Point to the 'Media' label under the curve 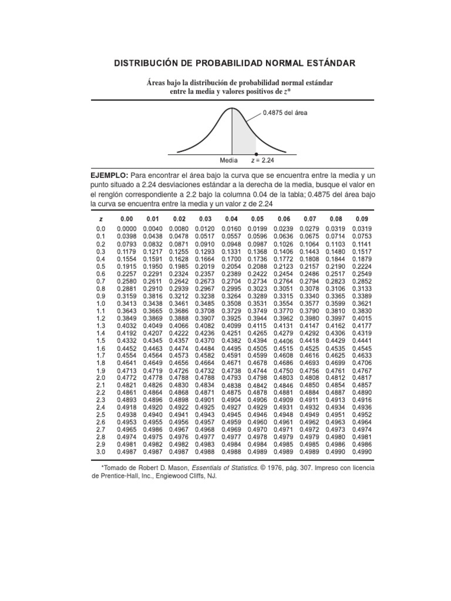pos(229,160)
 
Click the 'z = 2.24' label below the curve pos(262,160)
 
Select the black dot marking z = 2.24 pos(257,154)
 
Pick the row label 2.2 pos(100,392)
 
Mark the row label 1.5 pos(100,340)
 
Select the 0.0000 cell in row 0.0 pos(126,229)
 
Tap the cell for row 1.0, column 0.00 pos(126,303)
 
